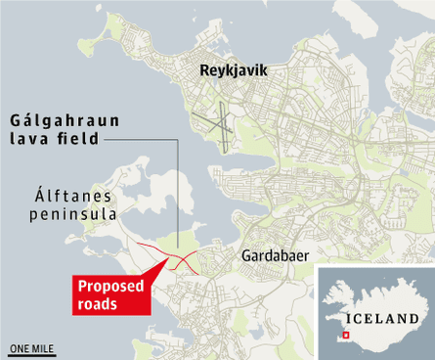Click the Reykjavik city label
(x=233, y=70)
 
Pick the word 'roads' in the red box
(x=99, y=304)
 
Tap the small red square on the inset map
(x=344, y=336)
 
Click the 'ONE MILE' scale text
(x=32, y=346)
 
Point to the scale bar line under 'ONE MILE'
(x=32, y=353)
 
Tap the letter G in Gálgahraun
(x=15, y=121)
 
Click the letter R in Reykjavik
(x=203, y=70)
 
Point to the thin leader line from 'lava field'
(x=177, y=196)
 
